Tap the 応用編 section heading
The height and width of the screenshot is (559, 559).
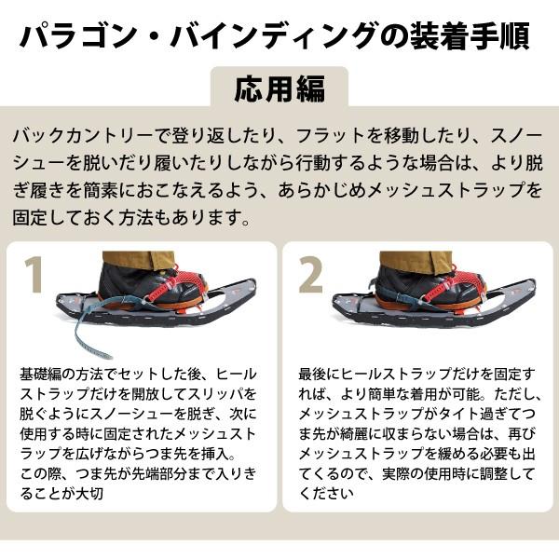pos(279,89)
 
